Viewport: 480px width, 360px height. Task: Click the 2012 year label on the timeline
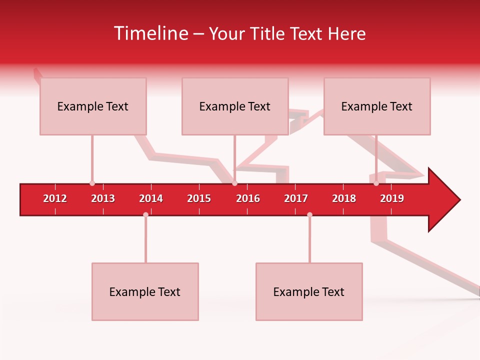coord(55,198)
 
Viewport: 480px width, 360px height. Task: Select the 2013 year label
coord(103,198)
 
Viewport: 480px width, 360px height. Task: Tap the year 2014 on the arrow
coord(151,198)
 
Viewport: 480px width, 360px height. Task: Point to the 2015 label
coord(199,198)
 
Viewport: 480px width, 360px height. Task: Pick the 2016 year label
coord(248,198)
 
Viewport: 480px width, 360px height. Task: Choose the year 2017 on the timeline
coord(296,198)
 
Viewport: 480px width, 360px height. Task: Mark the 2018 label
coord(344,198)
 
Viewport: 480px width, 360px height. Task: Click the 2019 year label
coord(392,198)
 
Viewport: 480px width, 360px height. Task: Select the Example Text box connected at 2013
coord(93,106)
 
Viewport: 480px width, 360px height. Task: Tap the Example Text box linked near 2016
coord(235,106)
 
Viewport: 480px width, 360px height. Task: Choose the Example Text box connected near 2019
coord(377,106)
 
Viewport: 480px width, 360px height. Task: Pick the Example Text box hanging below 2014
coord(145,291)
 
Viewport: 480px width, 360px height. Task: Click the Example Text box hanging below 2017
coord(309,291)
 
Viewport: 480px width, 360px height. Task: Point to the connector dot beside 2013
coord(92,183)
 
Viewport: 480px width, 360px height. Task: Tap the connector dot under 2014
coord(145,214)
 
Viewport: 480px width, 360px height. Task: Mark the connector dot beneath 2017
coord(309,214)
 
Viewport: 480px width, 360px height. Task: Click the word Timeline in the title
coord(150,33)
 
